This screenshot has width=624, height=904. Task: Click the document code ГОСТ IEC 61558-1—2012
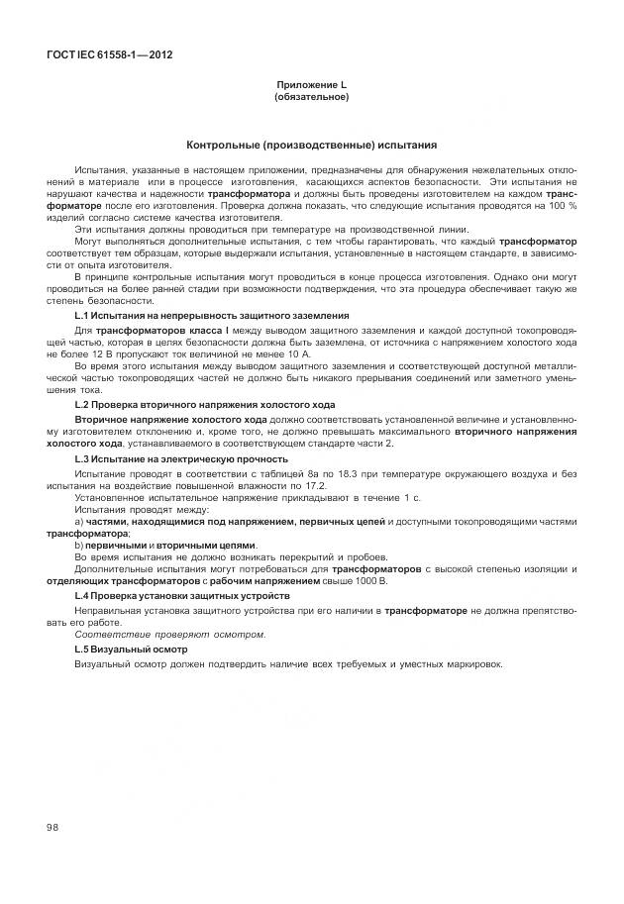pyautogui.click(x=109, y=54)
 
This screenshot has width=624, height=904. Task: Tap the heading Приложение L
pyautogui.click(x=311, y=88)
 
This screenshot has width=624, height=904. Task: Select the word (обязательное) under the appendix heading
pyautogui.click(x=311, y=98)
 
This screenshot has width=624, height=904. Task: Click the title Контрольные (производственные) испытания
pyautogui.click(x=311, y=145)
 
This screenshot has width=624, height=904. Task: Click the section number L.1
pyautogui.click(x=83, y=315)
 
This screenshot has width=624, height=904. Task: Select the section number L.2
pyautogui.click(x=83, y=405)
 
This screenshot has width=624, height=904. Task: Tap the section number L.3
pyautogui.click(x=83, y=459)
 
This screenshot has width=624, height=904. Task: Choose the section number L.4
pyautogui.click(x=83, y=597)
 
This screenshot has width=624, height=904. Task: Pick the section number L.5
pyautogui.click(x=83, y=649)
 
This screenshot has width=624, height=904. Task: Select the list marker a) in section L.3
pyautogui.click(x=79, y=521)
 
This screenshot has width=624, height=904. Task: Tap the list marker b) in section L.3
pyautogui.click(x=79, y=545)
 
